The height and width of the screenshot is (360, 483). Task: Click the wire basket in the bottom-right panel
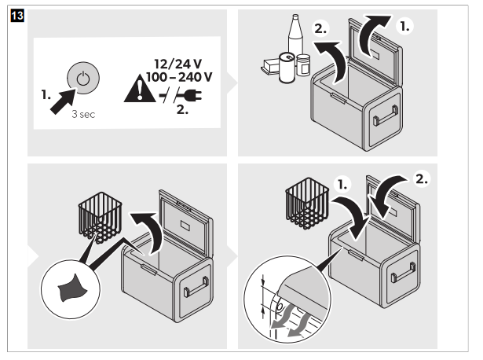(305, 203)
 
